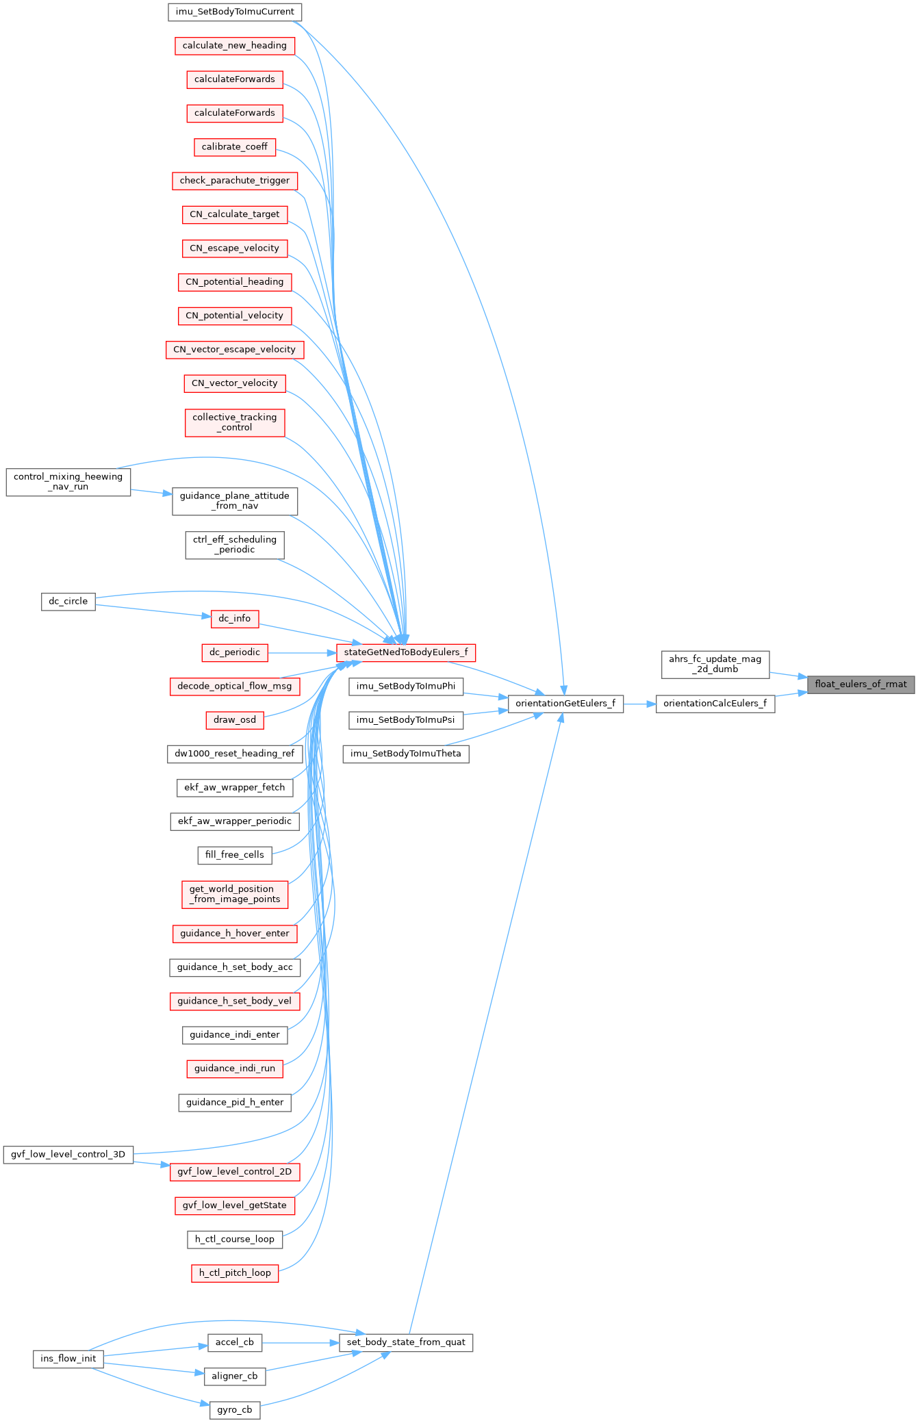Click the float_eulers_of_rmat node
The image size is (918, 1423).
point(860,684)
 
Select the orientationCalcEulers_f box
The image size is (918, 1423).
point(715,703)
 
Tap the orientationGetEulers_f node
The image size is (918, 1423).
point(565,703)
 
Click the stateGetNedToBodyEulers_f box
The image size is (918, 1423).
point(405,652)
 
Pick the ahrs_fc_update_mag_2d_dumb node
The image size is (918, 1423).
point(715,664)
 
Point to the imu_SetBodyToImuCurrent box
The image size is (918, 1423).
point(235,12)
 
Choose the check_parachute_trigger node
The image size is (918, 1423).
point(235,181)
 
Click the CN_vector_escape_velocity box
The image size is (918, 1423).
point(235,350)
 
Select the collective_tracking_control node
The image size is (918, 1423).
point(235,422)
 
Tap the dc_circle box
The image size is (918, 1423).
point(68,602)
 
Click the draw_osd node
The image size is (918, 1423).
point(235,719)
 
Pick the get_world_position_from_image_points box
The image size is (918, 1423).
point(235,894)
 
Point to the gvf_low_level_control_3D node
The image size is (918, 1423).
point(68,1154)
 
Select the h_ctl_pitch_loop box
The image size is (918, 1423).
point(235,1273)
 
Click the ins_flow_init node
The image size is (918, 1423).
point(68,1359)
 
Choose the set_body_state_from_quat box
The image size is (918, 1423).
point(405,1342)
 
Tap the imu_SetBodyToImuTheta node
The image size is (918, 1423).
point(405,754)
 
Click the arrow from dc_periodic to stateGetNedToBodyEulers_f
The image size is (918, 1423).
point(301,652)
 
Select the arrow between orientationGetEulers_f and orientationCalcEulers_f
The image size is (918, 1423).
point(639,704)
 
